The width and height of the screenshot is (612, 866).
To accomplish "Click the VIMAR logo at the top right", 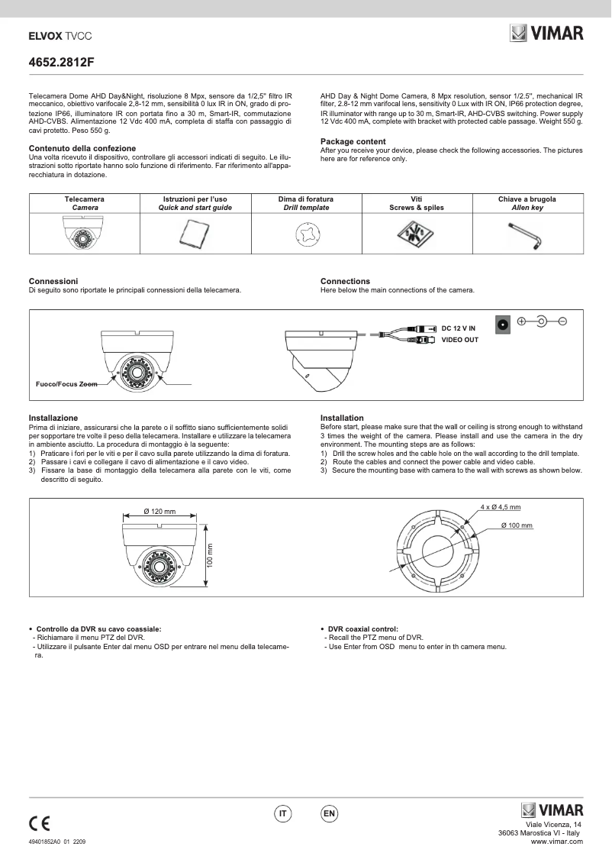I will pyautogui.click(x=546, y=34).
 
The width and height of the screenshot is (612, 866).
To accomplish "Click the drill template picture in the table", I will pyautogui.click(x=305, y=234).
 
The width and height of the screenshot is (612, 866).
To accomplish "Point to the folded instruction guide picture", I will pyautogui.click(x=195, y=234).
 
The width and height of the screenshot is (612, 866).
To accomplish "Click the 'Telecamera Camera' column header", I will pyautogui.click(x=85, y=203).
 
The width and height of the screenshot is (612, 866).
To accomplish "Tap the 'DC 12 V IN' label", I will pyautogui.click(x=459, y=328).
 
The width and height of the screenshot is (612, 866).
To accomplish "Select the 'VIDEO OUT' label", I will pyautogui.click(x=460, y=340).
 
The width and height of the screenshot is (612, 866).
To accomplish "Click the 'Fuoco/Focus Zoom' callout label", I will pyautogui.click(x=66, y=384).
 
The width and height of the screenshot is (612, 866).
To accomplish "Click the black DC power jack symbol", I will pyautogui.click(x=503, y=323).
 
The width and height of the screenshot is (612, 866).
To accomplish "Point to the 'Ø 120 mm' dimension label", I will pyautogui.click(x=159, y=511).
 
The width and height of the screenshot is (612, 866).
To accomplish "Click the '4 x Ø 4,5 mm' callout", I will pyautogui.click(x=501, y=507).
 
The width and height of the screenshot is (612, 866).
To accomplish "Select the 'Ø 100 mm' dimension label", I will pyautogui.click(x=517, y=525).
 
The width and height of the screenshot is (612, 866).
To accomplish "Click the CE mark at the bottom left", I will pyautogui.click(x=40, y=823).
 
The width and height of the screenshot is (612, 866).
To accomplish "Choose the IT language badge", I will pyautogui.click(x=283, y=814).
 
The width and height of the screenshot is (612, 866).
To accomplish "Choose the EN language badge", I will pyautogui.click(x=330, y=814).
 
